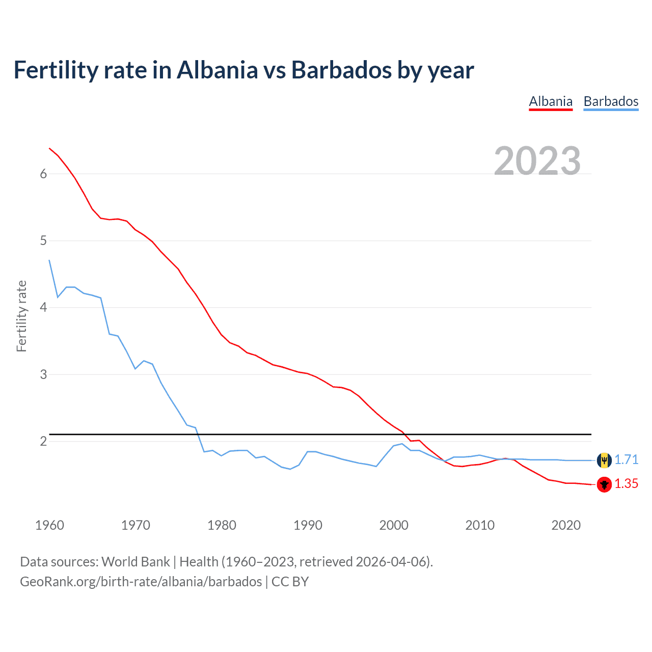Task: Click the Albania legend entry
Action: point(551,101)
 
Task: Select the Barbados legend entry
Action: point(611,101)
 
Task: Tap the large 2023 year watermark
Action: point(537,161)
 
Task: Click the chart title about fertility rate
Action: point(243,70)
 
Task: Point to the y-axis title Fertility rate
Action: point(21,316)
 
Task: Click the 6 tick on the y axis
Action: point(43,174)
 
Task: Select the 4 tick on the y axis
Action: point(43,308)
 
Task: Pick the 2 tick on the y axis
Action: point(43,441)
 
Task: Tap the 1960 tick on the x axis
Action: point(49,525)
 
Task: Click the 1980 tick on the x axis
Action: point(222,525)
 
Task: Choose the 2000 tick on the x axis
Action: point(394,525)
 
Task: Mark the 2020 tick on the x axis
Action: point(566,525)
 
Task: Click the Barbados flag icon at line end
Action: point(604,460)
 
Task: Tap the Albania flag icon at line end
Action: point(604,484)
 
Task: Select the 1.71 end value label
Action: point(626,460)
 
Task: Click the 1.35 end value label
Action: point(626,484)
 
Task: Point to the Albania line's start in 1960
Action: point(49,148)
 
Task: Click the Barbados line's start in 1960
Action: point(49,260)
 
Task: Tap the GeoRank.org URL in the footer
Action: point(141,582)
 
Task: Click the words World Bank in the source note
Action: point(135,562)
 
